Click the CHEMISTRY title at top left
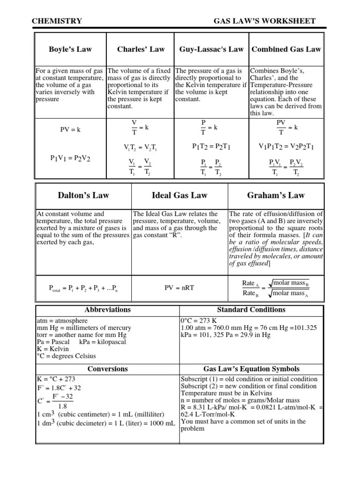[57, 21]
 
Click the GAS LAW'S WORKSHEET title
[264, 21]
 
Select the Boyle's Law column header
[70, 49]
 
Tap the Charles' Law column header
[141, 49]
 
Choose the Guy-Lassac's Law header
[211, 49]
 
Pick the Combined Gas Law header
[286, 49]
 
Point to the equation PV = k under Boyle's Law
[70, 130]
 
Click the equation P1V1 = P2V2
[70, 158]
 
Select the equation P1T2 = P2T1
[211, 147]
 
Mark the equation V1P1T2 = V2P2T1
[286, 147]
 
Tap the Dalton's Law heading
[83, 195]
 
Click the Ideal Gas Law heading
[180, 195]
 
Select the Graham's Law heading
[276, 195]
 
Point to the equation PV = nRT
[180, 288]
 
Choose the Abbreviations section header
[107, 310]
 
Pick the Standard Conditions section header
[251, 310]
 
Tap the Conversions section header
[107, 369]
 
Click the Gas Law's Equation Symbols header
[251, 369]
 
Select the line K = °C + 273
[56, 379]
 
